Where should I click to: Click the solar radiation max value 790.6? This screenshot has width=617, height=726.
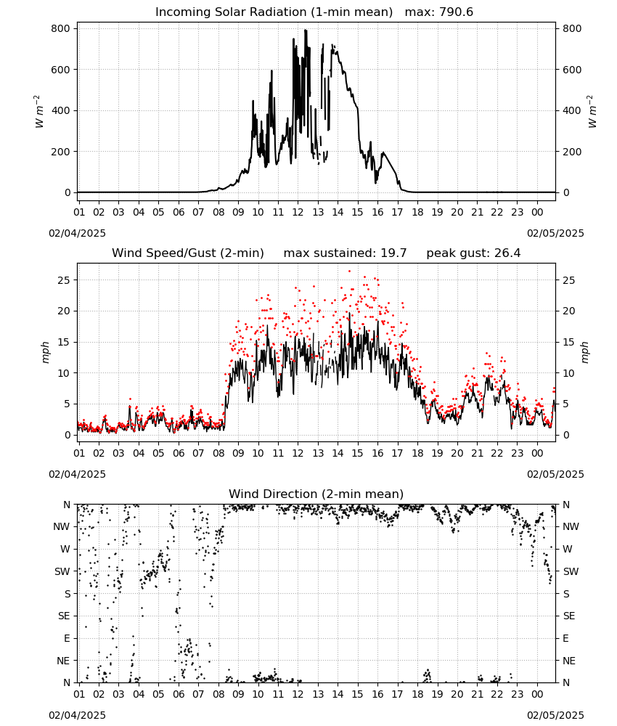(456, 12)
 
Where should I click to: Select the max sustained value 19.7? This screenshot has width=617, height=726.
(393, 253)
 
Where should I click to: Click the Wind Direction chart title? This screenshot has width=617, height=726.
(316, 494)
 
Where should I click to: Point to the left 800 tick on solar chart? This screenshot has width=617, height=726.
(60, 29)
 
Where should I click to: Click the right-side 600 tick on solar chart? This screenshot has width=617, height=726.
(572, 70)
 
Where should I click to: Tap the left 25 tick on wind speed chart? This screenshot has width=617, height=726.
(64, 280)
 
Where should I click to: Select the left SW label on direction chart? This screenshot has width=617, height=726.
(62, 571)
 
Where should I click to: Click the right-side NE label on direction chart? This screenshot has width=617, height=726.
(569, 661)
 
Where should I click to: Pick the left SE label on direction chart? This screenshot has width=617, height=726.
(64, 616)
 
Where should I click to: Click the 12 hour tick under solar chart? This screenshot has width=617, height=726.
(298, 212)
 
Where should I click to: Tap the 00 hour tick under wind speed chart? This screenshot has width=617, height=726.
(537, 453)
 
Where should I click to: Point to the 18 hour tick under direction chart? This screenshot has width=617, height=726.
(417, 694)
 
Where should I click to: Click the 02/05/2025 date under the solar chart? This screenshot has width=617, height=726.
(555, 233)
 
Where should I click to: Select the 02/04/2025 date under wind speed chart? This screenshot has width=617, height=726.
(77, 474)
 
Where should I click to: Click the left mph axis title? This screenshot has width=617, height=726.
(45, 352)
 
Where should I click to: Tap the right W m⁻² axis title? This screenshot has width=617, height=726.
(592, 112)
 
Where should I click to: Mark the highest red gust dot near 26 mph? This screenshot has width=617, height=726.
(349, 272)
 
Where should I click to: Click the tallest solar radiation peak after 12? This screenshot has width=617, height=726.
(306, 30)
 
